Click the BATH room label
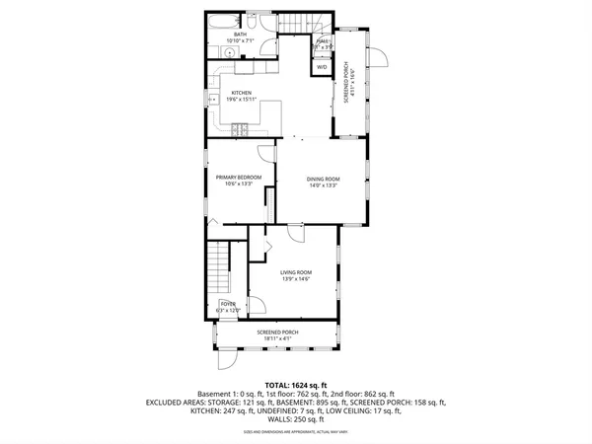coord(240,35)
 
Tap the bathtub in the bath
coord(223,21)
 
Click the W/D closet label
coord(322,66)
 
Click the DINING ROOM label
coord(323,178)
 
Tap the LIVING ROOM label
coord(295,272)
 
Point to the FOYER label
coord(228,304)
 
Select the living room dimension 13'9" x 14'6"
coord(295,280)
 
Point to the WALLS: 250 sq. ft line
coord(296,419)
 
